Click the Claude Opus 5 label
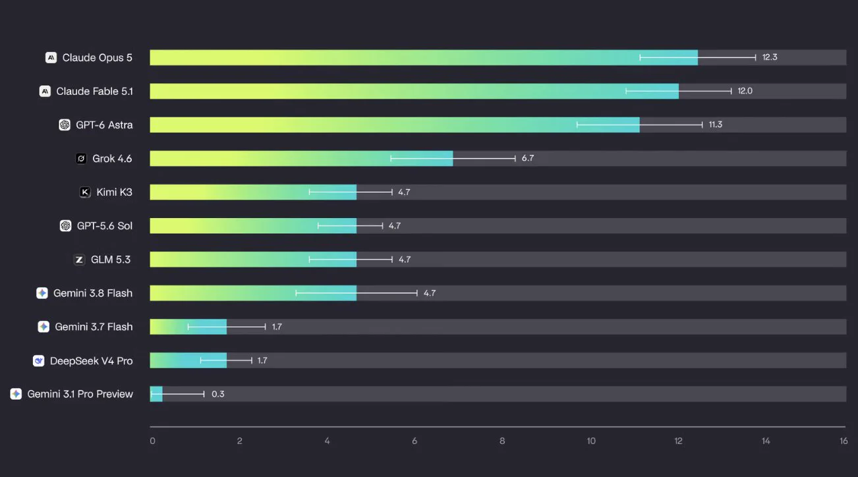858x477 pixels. (x=97, y=57)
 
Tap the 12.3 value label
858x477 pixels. (x=770, y=57)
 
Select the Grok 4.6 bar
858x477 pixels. (x=301, y=159)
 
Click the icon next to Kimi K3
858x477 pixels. (x=85, y=192)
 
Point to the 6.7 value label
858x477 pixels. (x=527, y=158)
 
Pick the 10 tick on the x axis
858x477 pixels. (x=591, y=441)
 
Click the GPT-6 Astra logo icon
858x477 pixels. (x=65, y=125)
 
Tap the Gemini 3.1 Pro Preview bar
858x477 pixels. (x=156, y=394)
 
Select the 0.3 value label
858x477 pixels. (x=217, y=394)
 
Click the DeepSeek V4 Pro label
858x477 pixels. (x=91, y=360)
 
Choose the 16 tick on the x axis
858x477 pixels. (x=844, y=441)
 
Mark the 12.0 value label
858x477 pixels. (x=745, y=91)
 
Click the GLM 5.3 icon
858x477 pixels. (x=79, y=260)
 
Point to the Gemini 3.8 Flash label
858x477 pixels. (x=93, y=293)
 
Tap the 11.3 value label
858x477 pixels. (x=715, y=125)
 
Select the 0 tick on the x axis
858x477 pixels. (x=152, y=441)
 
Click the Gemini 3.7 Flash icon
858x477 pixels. (x=43, y=327)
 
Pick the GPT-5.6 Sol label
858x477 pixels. (x=105, y=226)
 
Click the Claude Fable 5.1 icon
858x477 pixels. (x=45, y=91)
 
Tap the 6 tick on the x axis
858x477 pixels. (x=415, y=441)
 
